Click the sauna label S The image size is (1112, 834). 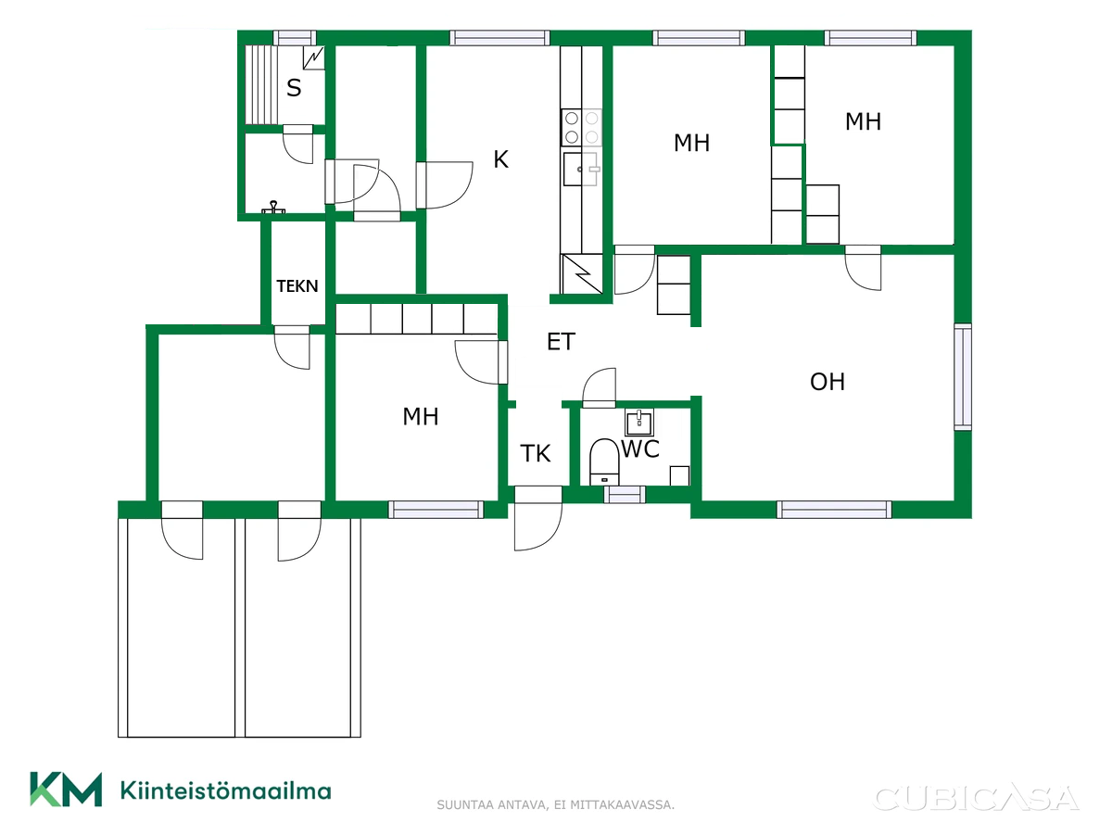[x=294, y=88]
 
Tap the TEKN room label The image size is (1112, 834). [x=297, y=286]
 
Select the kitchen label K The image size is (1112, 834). [x=500, y=159]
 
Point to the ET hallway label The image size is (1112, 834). [x=561, y=342]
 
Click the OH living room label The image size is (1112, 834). [x=828, y=382]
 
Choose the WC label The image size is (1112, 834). [x=640, y=449]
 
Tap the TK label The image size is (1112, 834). [x=535, y=454]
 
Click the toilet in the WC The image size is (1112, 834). [x=604, y=461]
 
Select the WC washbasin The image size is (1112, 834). [x=638, y=423]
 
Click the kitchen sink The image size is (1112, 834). [x=581, y=169]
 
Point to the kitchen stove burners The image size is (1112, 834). [x=581, y=128]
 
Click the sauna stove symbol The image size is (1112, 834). [x=313, y=58]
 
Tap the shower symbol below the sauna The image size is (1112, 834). [x=273, y=207]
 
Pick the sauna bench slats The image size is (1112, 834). [x=261, y=85]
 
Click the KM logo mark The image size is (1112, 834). [x=66, y=789]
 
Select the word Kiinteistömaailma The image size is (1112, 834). [x=226, y=790]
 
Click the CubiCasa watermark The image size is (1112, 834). [x=975, y=798]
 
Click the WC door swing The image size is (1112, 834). [x=600, y=387]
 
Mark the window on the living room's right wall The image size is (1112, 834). [x=963, y=377]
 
